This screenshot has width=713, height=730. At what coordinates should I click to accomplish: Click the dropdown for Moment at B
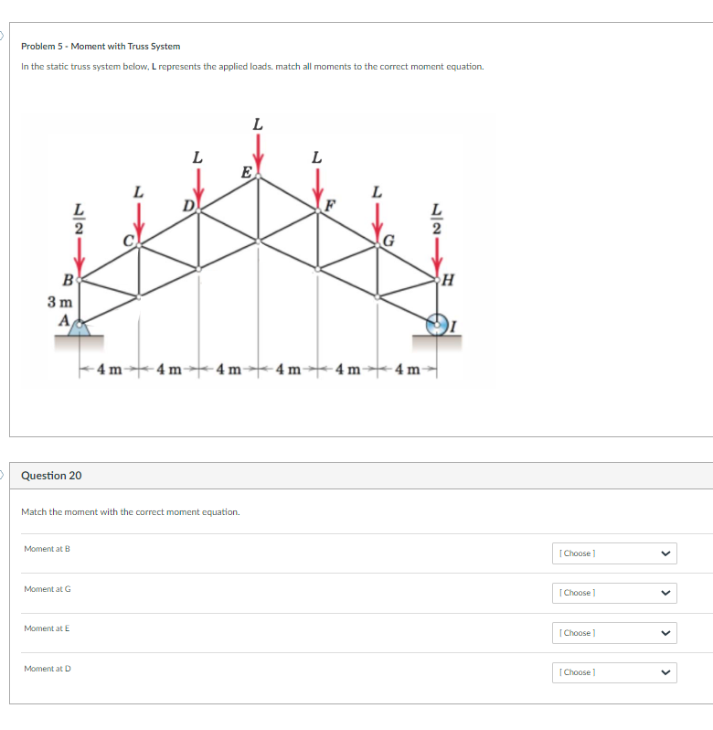tap(615, 553)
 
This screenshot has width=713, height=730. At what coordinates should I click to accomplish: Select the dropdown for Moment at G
tap(615, 593)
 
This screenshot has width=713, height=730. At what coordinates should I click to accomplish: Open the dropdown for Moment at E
tap(615, 633)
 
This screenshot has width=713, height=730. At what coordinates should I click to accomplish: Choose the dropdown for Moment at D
tap(615, 672)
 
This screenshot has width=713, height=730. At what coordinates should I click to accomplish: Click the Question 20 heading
tap(51, 476)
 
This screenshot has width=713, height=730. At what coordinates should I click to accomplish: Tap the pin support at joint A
tap(80, 327)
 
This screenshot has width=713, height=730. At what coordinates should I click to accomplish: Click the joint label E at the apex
tap(245, 171)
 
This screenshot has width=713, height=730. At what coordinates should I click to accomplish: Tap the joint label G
tap(388, 242)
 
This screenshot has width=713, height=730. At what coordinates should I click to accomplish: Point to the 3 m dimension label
tap(60, 300)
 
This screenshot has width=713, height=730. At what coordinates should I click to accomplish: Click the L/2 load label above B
tap(80, 220)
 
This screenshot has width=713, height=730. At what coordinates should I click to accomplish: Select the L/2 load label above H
tap(437, 220)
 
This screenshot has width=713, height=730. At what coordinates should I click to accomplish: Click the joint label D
tap(188, 204)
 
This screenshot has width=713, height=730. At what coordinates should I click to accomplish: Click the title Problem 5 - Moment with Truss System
tap(101, 46)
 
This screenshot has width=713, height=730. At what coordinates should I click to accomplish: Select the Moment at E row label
tap(47, 628)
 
